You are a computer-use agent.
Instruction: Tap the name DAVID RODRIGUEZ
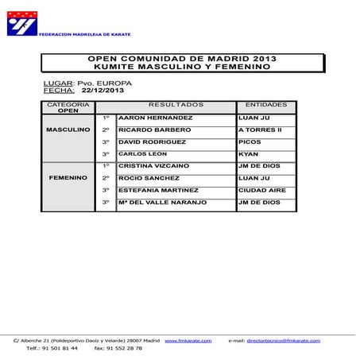146,141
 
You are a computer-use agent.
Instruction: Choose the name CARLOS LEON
137,153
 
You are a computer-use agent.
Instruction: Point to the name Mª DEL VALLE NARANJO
161,203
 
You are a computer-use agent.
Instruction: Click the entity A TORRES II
260,130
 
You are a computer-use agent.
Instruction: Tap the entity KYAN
247,153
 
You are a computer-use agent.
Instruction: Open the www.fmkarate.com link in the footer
188,340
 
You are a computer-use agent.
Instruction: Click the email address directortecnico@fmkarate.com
284,340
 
